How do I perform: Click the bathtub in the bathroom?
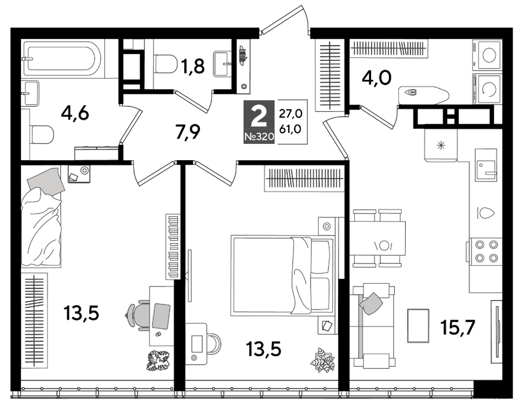click(x=63, y=59)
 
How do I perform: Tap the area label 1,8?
click(x=193, y=66)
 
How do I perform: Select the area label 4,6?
click(x=75, y=114)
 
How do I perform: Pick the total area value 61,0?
click(x=290, y=129)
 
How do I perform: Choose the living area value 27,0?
click(x=290, y=114)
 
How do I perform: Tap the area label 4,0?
click(x=376, y=78)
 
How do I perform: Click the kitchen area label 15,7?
click(x=458, y=327)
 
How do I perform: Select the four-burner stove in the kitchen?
click(x=486, y=251)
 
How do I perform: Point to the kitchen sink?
click(x=485, y=165)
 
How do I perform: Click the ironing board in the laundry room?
click(x=423, y=96)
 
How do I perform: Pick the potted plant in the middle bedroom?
click(x=322, y=360)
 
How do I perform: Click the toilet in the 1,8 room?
click(x=166, y=64)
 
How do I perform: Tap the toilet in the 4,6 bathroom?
click(x=42, y=135)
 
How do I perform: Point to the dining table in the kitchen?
click(x=377, y=238)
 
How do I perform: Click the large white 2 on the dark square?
click(x=259, y=118)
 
